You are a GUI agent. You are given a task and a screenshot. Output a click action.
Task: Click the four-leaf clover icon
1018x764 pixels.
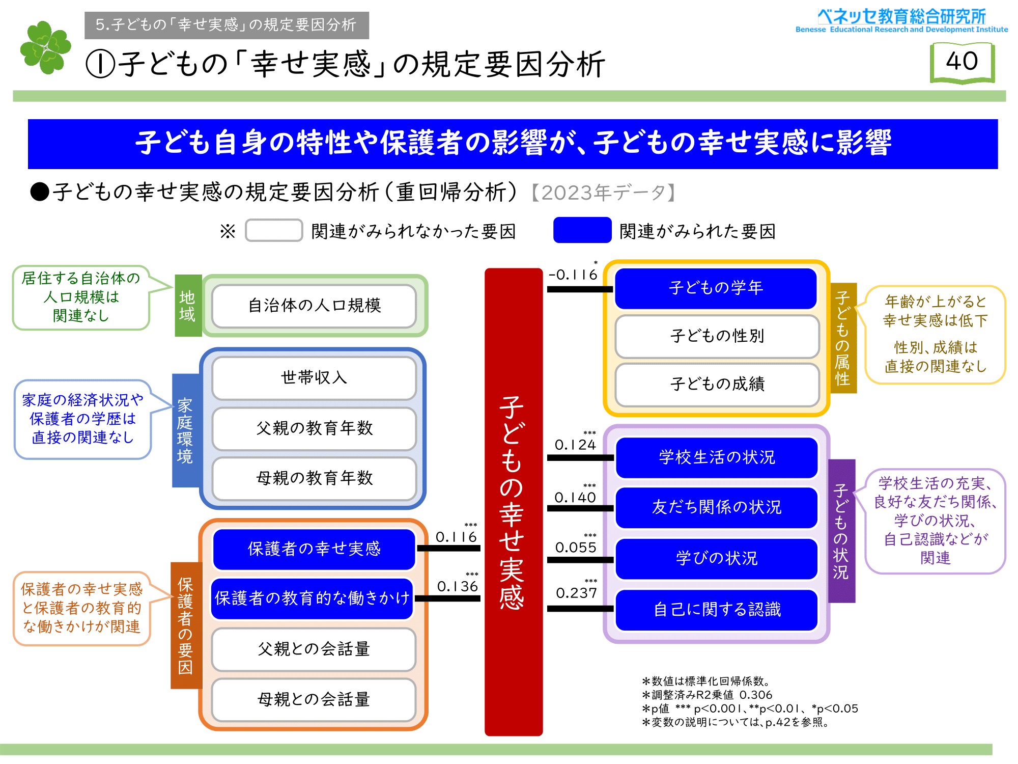(45, 47)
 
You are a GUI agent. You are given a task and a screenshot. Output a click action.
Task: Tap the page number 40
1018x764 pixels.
(962, 62)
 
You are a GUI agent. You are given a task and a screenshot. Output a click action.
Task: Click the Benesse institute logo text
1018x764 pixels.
(901, 21)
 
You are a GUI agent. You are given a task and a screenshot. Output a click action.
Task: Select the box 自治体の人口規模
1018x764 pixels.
(314, 306)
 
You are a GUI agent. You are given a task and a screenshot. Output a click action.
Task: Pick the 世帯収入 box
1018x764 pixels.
(314, 378)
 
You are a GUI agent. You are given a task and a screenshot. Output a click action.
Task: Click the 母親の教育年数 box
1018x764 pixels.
(314, 478)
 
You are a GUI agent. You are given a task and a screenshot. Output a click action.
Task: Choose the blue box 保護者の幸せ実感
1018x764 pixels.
(314, 549)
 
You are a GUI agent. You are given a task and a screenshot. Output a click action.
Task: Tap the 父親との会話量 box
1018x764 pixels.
(314, 649)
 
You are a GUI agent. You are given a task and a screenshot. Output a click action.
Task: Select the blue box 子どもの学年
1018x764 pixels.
(716, 288)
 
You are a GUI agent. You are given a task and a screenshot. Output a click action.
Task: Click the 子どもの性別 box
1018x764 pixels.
(717, 336)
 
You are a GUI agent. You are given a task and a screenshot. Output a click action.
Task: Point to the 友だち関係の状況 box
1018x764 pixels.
(716, 507)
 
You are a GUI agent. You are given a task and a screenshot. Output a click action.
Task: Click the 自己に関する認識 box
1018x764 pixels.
(717, 610)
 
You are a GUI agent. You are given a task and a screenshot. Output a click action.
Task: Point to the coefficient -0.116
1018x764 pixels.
(573, 275)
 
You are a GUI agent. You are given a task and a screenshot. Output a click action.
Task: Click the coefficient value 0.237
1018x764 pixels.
(576, 593)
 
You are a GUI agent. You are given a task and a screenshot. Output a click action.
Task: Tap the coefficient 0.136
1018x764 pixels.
(458, 587)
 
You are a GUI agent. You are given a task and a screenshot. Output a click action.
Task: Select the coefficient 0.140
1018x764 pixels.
(575, 498)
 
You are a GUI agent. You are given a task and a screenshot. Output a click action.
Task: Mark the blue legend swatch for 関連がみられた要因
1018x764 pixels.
(582, 230)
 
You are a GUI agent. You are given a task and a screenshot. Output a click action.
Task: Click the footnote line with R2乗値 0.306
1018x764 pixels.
(708, 695)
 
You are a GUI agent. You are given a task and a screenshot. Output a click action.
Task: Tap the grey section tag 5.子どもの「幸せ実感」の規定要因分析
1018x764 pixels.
(227, 25)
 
